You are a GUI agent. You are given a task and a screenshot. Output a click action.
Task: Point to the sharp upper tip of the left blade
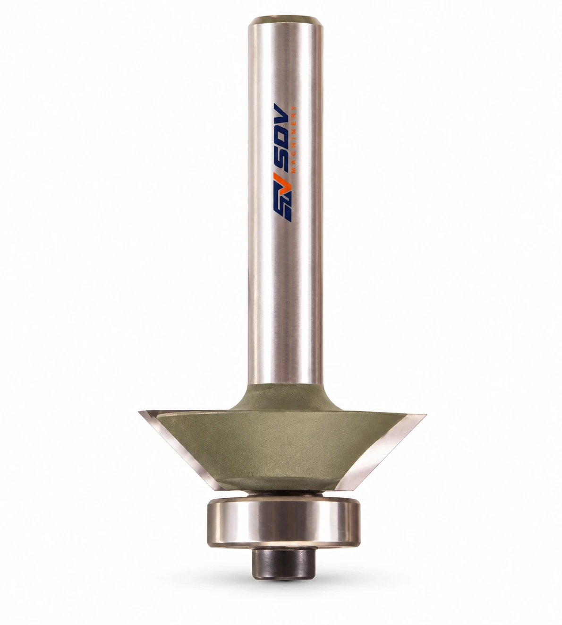click(139, 412)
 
